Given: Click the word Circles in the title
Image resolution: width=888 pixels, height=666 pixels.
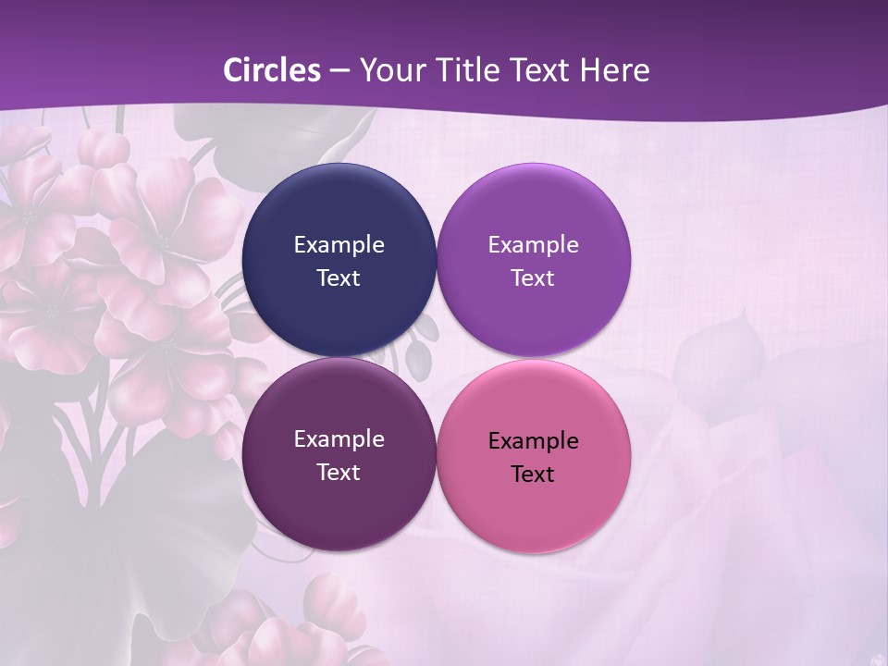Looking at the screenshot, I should coord(272,70).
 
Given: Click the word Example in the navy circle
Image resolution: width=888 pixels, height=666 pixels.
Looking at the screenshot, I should coord(339,245).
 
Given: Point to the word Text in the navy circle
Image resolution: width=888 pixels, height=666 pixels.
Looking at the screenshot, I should coord(339,278).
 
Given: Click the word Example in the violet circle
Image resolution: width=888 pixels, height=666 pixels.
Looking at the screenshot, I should coord(534,245).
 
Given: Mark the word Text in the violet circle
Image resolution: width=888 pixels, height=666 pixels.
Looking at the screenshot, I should coord(534,278).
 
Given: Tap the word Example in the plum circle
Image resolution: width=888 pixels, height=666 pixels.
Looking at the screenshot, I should coord(339,439).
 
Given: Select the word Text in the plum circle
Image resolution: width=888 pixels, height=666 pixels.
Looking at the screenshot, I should coord(339,473).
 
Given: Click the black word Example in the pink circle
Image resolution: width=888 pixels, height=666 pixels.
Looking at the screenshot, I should coord(534,441).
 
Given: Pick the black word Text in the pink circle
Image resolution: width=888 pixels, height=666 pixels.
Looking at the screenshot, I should coord(534,475).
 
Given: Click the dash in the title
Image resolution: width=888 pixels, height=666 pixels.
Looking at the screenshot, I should coord(339,71).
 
